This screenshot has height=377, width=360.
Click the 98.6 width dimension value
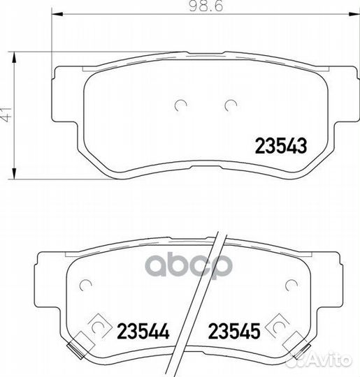tap(206, 6)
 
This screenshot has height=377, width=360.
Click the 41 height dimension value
tap(6, 115)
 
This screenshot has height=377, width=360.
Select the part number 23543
tap(281, 146)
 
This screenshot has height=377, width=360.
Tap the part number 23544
tap(143, 331)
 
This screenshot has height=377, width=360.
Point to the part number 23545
tap(234, 331)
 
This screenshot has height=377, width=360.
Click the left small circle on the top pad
tap(180, 105)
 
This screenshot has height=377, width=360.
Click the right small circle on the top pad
tap(231, 105)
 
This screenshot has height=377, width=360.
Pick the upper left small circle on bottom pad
tap(85, 286)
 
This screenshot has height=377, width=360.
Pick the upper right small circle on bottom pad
tap(291, 286)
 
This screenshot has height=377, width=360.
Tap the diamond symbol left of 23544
tap(99, 326)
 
